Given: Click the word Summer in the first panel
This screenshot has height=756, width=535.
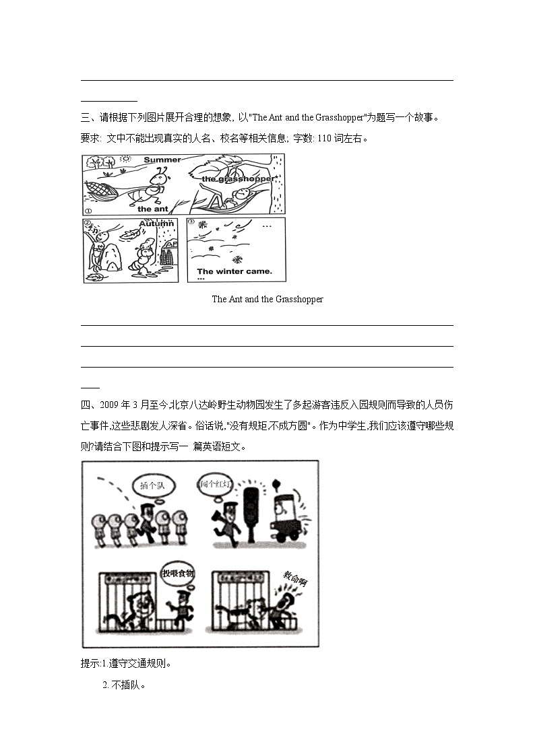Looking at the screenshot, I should (x=162, y=160).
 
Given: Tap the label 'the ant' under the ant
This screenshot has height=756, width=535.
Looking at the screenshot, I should (x=152, y=209).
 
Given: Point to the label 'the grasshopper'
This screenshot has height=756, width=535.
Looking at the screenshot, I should (x=239, y=179).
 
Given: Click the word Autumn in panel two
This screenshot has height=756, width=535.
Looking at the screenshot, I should (x=156, y=224).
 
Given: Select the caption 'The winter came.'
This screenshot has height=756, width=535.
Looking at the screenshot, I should (x=234, y=272).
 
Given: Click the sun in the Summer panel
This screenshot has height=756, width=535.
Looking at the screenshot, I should (x=125, y=160).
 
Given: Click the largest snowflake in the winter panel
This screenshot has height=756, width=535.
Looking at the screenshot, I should (x=237, y=259).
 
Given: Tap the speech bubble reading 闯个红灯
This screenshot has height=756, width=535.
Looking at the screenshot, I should (x=216, y=484).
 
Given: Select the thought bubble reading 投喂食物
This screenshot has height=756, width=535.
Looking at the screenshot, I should (x=177, y=573).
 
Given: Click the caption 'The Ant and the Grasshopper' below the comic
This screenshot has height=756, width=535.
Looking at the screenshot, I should (x=267, y=299).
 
